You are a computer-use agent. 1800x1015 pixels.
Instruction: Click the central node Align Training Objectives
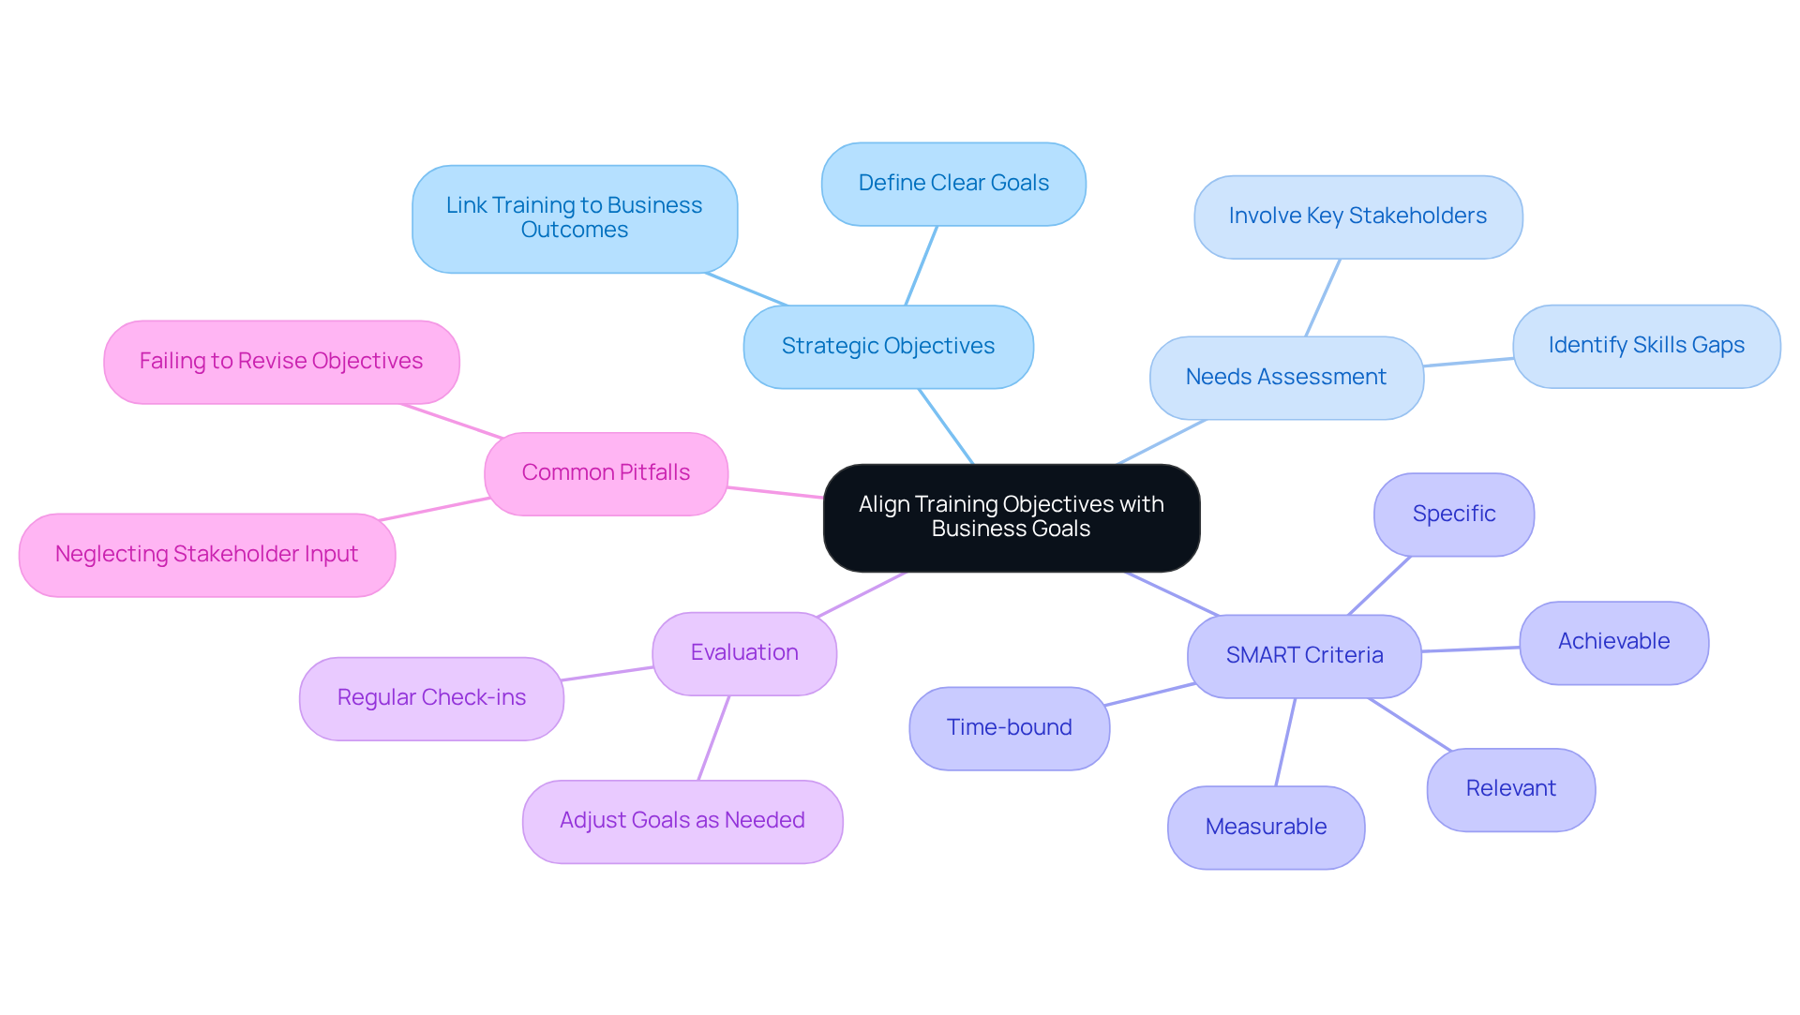(1011, 517)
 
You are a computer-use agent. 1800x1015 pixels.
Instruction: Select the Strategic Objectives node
(888, 347)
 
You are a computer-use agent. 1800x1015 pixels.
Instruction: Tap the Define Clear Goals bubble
(953, 184)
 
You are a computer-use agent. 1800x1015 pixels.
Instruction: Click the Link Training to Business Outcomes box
(574, 218)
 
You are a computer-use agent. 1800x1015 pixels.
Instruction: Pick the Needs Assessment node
(1285, 378)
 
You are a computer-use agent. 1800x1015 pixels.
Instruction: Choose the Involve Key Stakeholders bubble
(1357, 216)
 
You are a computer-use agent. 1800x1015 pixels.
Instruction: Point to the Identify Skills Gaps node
(1645, 346)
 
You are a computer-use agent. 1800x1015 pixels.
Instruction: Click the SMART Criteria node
(1303, 656)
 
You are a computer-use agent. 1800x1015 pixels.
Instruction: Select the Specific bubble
(1453, 515)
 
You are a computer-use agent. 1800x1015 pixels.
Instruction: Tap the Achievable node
(1612, 642)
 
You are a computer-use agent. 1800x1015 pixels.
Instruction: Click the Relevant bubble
(1510, 789)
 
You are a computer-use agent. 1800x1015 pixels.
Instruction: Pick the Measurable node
(1266, 828)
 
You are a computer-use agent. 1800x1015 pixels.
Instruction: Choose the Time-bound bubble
(1009, 728)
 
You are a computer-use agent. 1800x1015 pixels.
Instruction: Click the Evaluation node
(744, 653)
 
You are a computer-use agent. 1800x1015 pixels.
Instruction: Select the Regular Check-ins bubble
(431, 698)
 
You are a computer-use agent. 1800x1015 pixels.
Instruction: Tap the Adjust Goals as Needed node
(682, 821)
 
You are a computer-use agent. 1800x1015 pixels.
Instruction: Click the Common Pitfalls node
(606, 473)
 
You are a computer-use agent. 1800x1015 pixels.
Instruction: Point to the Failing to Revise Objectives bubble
(281, 362)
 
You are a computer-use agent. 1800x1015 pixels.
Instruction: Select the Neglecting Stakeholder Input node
(206, 555)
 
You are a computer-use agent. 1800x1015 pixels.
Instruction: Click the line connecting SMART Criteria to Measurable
(1285, 741)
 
